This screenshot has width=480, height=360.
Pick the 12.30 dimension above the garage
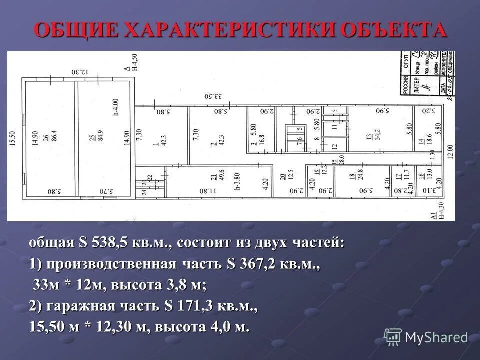(x=79, y=72)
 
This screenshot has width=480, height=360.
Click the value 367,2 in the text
(x=257, y=264)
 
